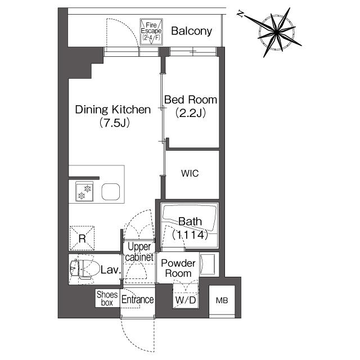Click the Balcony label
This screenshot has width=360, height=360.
pyautogui.click(x=192, y=31)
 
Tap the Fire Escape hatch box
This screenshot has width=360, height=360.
pyautogui.click(x=150, y=31)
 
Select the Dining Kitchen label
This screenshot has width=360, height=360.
pyautogui.click(x=113, y=110)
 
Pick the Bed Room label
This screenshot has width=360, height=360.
pyautogui.click(x=190, y=100)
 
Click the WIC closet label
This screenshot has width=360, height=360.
pyautogui.click(x=190, y=174)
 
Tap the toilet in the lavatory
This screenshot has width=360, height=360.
pyautogui.click(x=81, y=269)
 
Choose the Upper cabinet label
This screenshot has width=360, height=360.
pyautogui.click(x=139, y=251)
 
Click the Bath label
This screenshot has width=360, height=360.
pyautogui.click(x=190, y=222)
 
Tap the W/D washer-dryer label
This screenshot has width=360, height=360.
pyautogui.click(x=185, y=300)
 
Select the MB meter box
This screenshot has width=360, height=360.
pyautogui.click(x=220, y=300)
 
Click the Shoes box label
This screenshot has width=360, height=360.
pyautogui.click(x=107, y=298)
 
